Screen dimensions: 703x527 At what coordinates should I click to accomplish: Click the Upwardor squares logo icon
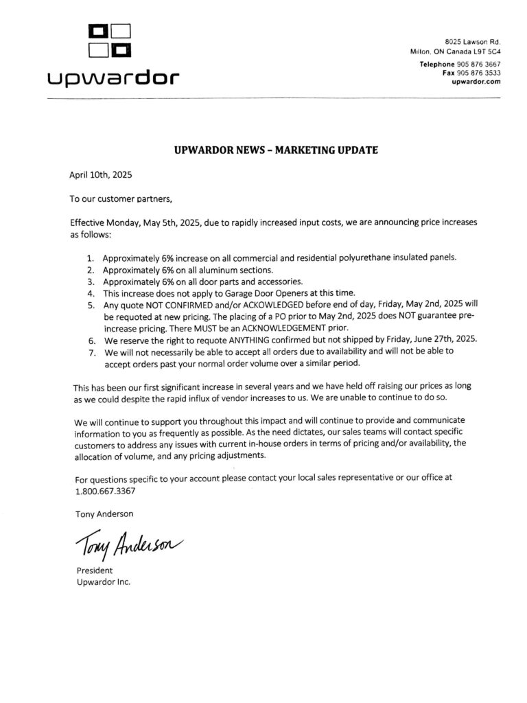point(110,41)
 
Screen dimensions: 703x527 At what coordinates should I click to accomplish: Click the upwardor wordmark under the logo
point(113,78)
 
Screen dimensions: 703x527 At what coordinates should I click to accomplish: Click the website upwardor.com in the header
point(476,81)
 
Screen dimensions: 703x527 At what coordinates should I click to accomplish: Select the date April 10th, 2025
point(100,174)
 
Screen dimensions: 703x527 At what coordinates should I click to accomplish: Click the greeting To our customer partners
point(117,199)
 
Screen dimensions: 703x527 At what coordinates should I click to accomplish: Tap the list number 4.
point(91,293)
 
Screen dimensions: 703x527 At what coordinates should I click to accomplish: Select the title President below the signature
point(93,571)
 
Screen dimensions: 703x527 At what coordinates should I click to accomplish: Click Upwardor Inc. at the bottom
point(102,582)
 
